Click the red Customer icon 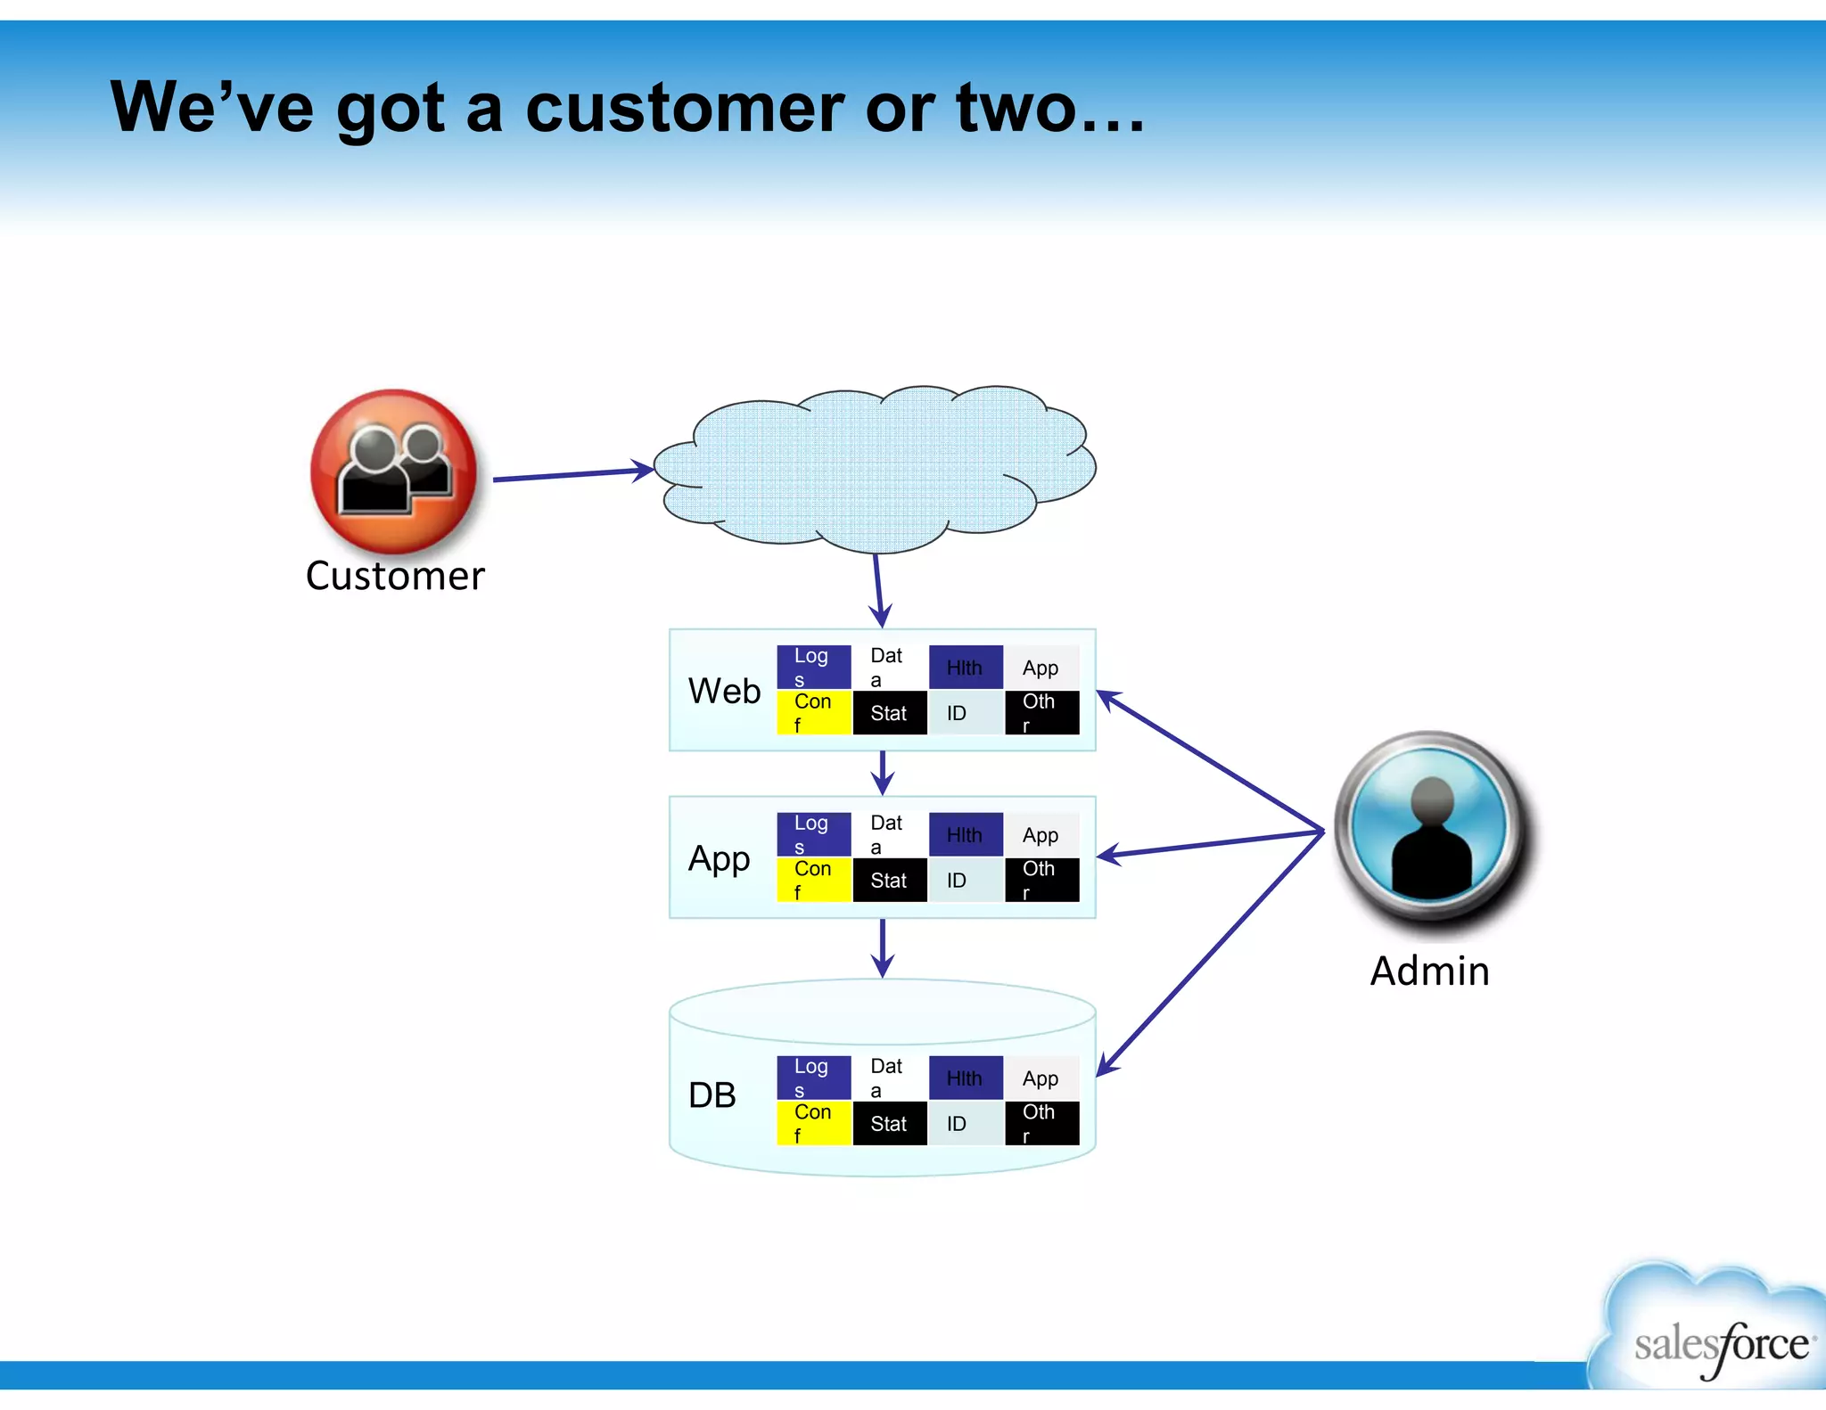393,471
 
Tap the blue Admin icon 1432,829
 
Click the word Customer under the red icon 395,576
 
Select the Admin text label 1429,971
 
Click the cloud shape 874,467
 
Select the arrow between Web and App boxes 882,773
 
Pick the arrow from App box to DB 882,947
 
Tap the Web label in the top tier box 724,691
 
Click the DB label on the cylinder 711,1095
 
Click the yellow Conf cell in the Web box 813,712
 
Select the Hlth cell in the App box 965,835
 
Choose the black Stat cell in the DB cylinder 889,1124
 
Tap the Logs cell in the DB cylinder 812,1078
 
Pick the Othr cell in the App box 1041,880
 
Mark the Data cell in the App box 888,834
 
